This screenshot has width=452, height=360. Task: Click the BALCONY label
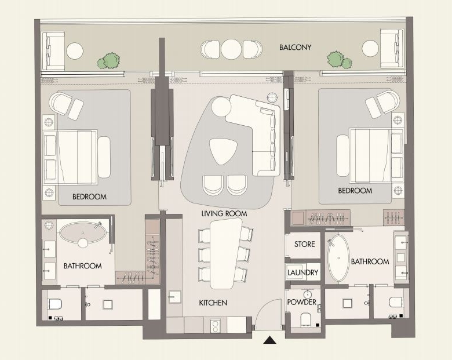coord(295,48)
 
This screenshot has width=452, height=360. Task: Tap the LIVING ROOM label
coord(224,214)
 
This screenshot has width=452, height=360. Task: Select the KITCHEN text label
coord(213,303)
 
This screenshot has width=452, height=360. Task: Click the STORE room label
coord(304,244)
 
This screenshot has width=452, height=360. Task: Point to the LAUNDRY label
coord(302,272)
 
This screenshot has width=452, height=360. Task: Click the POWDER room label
coord(302,302)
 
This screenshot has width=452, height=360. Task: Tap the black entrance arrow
coord(270,340)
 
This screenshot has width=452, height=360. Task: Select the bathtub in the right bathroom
coord(338,257)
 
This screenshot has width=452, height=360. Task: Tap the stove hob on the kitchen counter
coord(215,325)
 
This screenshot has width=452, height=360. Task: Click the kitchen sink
coord(174,297)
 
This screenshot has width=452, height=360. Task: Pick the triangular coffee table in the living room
coord(223,151)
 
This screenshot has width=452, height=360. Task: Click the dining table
coord(226,253)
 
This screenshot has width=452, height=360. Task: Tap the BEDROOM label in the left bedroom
coord(89,197)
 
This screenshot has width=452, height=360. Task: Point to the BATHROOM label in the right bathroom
coord(370,261)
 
